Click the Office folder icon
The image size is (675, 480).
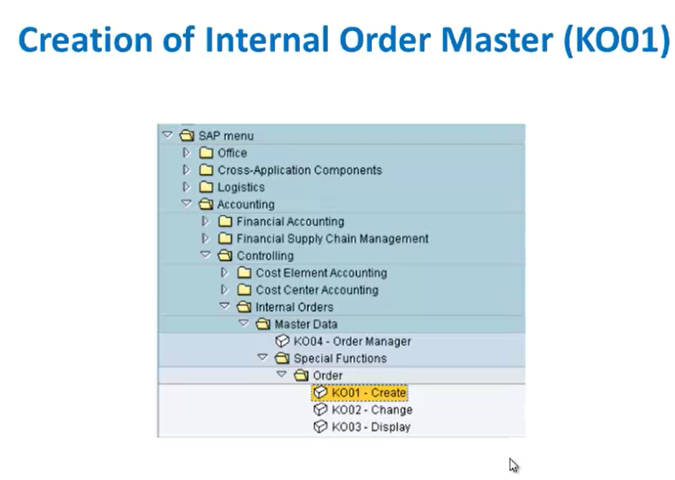(206, 153)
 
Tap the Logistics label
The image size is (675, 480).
(241, 187)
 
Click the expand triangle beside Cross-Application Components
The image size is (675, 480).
(186, 170)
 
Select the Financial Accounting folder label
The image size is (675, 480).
(290, 221)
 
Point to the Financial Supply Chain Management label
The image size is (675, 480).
(333, 239)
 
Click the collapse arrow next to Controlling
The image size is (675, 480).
(206, 255)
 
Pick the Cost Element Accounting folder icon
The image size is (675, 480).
(244, 272)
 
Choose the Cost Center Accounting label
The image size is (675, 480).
(317, 290)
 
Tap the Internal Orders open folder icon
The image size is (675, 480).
(243, 307)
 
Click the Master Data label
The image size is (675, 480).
(305, 324)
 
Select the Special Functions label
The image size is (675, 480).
(340, 358)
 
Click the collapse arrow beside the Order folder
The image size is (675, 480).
(281, 374)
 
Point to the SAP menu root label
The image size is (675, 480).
(225, 136)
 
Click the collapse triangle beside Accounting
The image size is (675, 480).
(186, 203)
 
